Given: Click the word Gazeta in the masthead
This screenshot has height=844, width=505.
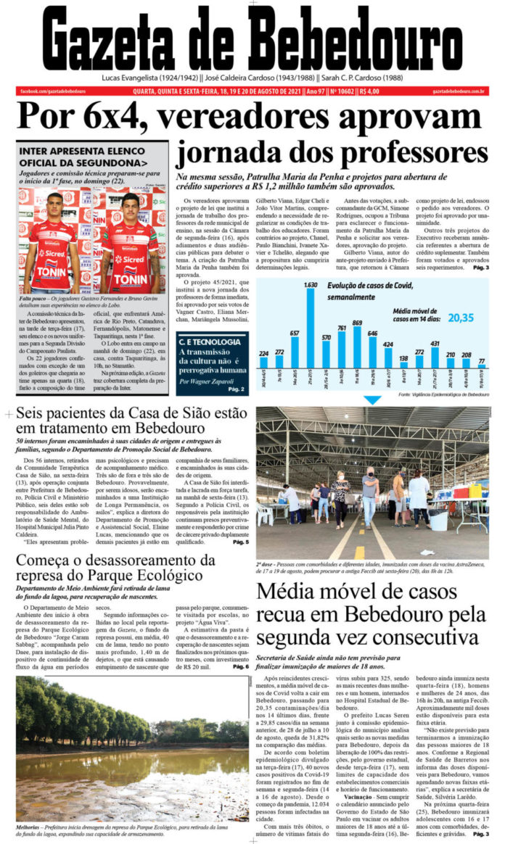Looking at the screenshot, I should click(x=128, y=41).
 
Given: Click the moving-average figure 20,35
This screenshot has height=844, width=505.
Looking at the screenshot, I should click(x=461, y=297).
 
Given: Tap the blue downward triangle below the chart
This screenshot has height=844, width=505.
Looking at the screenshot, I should click(x=371, y=400).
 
